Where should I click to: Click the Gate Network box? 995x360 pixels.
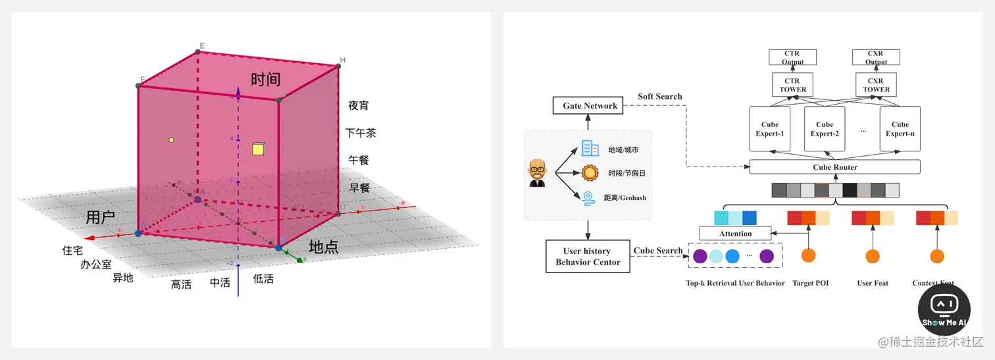click(x=590, y=105)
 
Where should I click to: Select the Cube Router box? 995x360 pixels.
click(x=834, y=167)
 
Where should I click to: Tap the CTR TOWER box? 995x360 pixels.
click(x=793, y=85)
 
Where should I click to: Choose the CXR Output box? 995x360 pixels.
click(x=876, y=57)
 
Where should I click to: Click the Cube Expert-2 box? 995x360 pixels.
click(x=825, y=128)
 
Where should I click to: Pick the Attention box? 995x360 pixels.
click(x=735, y=234)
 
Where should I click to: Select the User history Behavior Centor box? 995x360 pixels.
click(x=588, y=256)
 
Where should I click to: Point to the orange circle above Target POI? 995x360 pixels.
click(x=808, y=256)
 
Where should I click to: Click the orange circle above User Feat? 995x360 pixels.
click(x=873, y=256)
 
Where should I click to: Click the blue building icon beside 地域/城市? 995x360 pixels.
click(x=590, y=149)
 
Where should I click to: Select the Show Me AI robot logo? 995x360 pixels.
click(x=944, y=308)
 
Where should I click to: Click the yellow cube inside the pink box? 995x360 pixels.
click(x=258, y=149)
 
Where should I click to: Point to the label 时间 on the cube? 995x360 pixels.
click(x=266, y=80)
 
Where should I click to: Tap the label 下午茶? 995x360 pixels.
click(x=361, y=133)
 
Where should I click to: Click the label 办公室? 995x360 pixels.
click(x=96, y=265)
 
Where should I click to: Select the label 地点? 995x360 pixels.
click(x=324, y=247)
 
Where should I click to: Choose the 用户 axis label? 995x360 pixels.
click(x=101, y=217)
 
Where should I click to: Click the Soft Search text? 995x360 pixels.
click(x=659, y=97)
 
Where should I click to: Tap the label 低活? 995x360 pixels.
click(x=263, y=279)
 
